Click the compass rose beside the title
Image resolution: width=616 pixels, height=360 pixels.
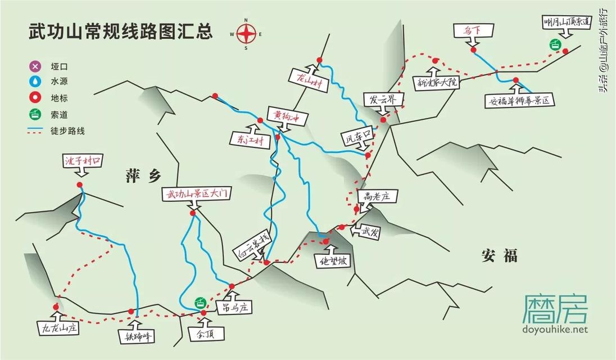click(246, 34)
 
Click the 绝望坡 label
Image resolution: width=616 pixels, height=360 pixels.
click(334, 262)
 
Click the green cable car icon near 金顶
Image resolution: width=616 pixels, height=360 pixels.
click(200, 302)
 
